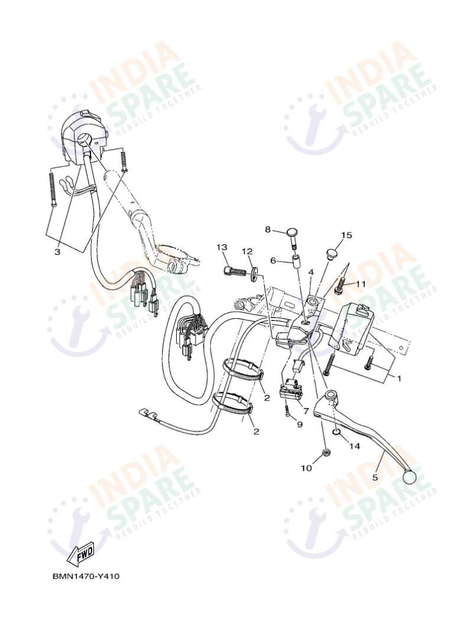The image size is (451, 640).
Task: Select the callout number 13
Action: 222,247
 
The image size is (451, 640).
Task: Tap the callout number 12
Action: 247,252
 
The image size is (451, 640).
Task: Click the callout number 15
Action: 346,235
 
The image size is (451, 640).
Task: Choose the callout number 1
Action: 398,378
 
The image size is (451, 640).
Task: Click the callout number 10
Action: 306,468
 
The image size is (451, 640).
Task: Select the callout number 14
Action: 354,447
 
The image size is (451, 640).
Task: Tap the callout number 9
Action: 299,425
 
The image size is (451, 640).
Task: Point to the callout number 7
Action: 306,410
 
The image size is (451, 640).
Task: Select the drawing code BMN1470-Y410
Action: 86,576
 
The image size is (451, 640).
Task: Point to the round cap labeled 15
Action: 333,253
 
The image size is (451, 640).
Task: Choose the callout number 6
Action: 274,260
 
